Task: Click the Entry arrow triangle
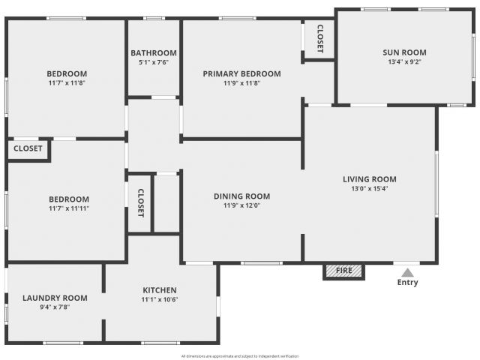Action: (x=407, y=272)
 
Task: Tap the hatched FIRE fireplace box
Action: (x=343, y=271)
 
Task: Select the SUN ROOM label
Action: (x=404, y=52)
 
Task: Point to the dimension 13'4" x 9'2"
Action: (x=404, y=61)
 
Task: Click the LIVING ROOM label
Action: (x=370, y=179)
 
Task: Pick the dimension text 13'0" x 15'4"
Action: (x=370, y=188)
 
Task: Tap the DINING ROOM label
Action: (x=241, y=196)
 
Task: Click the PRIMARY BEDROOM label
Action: (x=241, y=73)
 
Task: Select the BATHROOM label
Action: (x=154, y=53)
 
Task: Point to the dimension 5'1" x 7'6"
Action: (x=154, y=62)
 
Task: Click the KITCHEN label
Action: (x=160, y=290)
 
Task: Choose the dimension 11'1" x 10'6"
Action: (x=160, y=299)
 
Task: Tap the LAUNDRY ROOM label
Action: (x=55, y=298)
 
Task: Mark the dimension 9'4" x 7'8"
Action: (x=55, y=307)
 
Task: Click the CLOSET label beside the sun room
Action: (x=320, y=38)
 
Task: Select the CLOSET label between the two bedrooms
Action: (x=28, y=148)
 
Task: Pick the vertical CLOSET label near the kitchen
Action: (x=140, y=203)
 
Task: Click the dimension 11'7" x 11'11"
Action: (x=69, y=208)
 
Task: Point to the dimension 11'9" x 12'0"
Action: (x=241, y=205)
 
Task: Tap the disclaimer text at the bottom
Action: (x=240, y=356)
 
